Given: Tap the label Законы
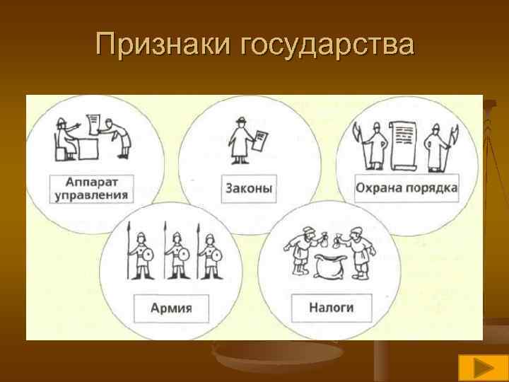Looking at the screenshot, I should (x=249, y=189).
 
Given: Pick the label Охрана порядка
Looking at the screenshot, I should (x=406, y=188).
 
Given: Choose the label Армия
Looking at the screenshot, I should (x=171, y=308).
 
